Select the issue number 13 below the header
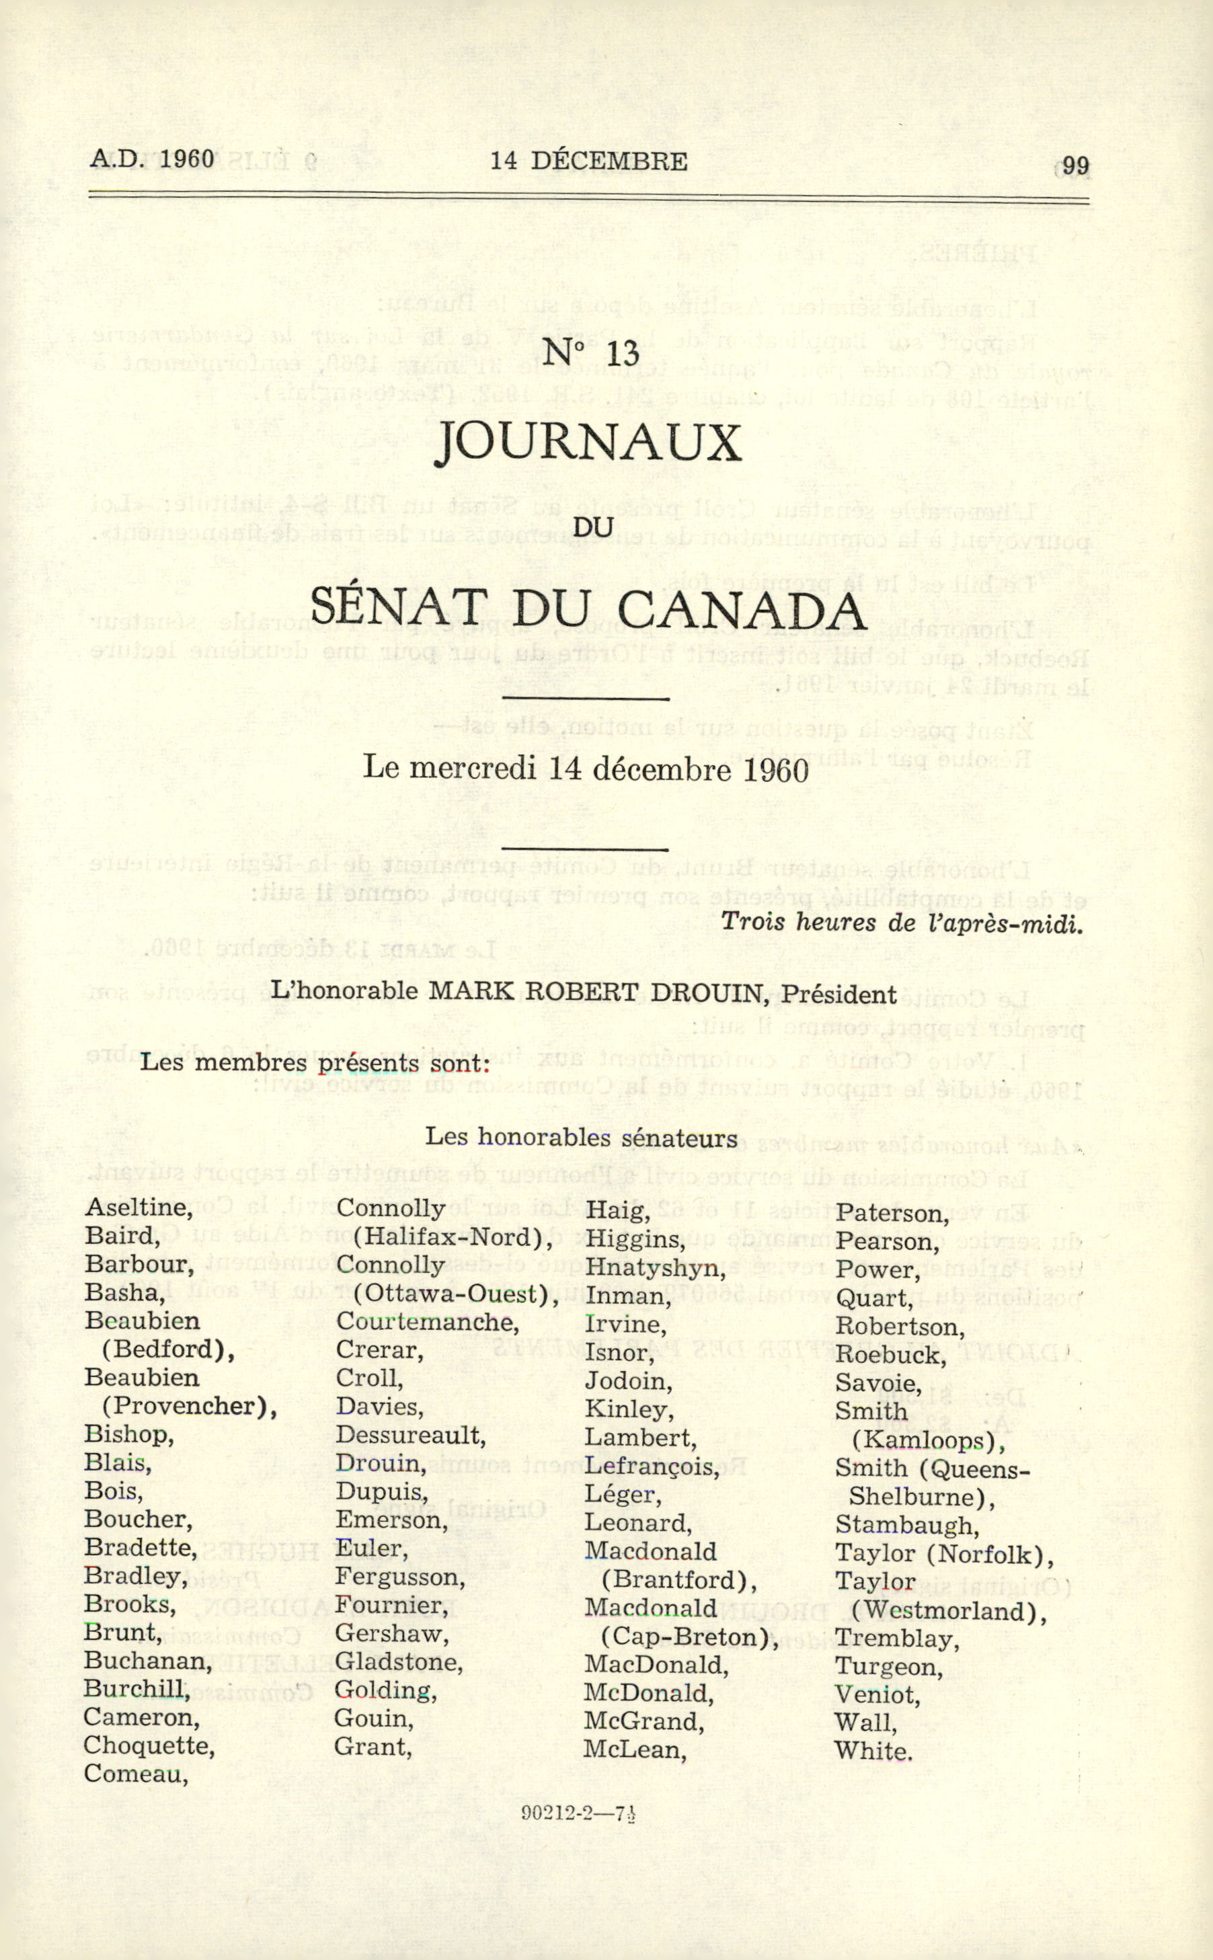623,354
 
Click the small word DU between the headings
594,527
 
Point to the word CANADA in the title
742,610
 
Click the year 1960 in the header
187,159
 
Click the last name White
873,1751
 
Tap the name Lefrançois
652,1466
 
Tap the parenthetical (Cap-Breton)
690,1637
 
